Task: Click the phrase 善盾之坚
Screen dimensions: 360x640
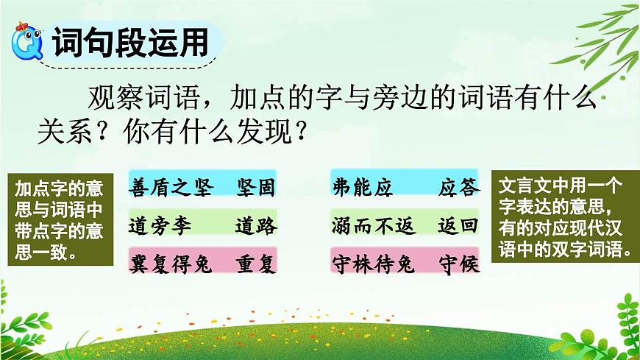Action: pyautogui.click(x=171, y=187)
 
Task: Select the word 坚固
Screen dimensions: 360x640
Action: pyautogui.click(x=256, y=187)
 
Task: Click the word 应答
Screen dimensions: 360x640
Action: pyautogui.click(x=459, y=187)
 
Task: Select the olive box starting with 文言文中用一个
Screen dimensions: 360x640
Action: pyautogui.click(x=563, y=219)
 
